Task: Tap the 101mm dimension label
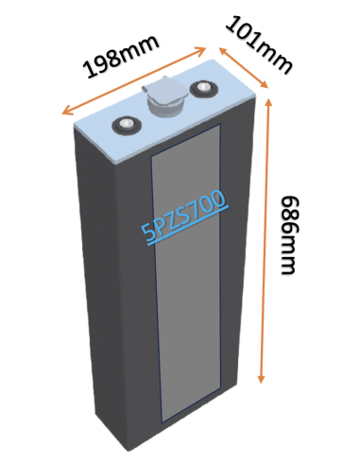point(257,43)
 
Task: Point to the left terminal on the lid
point(124,125)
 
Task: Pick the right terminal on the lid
point(202,90)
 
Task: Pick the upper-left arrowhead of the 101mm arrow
point(220,47)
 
